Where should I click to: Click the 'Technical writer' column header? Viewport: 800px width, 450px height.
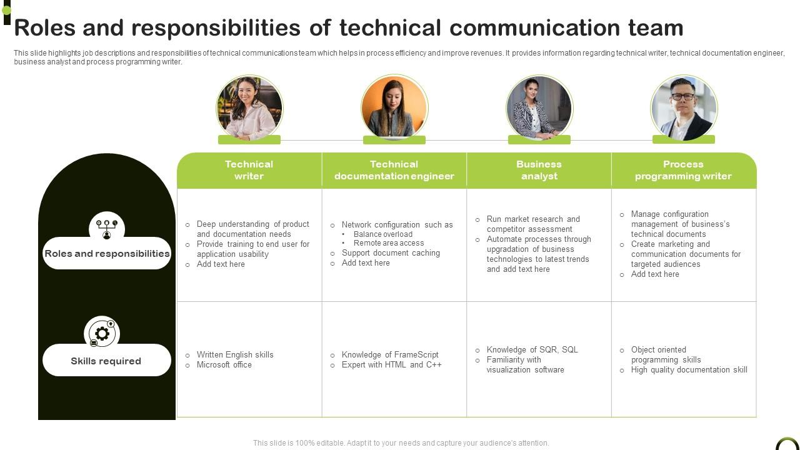tap(249, 170)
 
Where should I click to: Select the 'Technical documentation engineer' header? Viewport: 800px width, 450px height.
tap(394, 170)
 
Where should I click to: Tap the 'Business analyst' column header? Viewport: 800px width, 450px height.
tap(539, 170)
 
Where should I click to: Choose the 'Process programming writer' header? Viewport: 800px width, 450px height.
tap(683, 170)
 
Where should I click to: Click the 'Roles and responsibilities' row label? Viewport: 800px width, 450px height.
tap(107, 254)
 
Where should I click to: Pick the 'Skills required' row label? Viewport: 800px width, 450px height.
tap(106, 361)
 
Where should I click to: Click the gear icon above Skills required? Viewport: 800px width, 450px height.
tap(102, 333)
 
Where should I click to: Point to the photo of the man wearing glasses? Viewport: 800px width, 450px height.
tap(683, 108)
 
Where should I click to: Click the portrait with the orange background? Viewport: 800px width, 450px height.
tap(394, 108)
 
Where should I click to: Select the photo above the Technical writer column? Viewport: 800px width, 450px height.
tap(249, 108)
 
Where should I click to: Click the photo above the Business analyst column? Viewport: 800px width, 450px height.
tap(539, 108)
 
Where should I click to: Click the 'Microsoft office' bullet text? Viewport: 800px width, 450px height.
tap(224, 365)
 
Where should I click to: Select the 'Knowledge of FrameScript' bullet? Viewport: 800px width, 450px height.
tap(390, 355)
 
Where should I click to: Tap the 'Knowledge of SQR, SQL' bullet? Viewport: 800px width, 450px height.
tap(532, 350)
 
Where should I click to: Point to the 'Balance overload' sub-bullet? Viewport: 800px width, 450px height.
tap(383, 234)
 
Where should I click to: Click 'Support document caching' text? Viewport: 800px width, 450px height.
tap(391, 253)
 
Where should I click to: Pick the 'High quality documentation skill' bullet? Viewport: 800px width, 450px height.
tap(689, 370)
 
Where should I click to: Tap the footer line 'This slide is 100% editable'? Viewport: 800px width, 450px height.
tap(401, 443)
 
